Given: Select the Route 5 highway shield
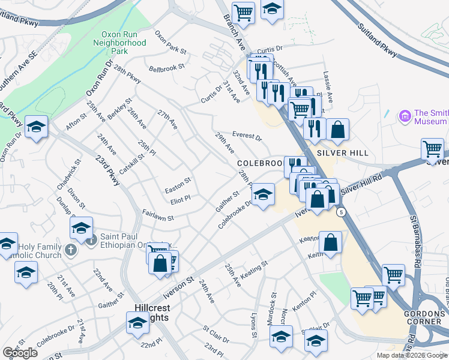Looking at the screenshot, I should click(x=341, y=212).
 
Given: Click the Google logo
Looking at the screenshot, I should click(x=20, y=352).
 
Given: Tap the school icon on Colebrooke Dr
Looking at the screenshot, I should click(x=262, y=194).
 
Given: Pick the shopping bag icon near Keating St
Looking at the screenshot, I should click(x=331, y=242).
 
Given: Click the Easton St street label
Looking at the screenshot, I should click(x=178, y=180).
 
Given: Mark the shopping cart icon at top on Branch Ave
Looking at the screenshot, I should click(x=244, y=11).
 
